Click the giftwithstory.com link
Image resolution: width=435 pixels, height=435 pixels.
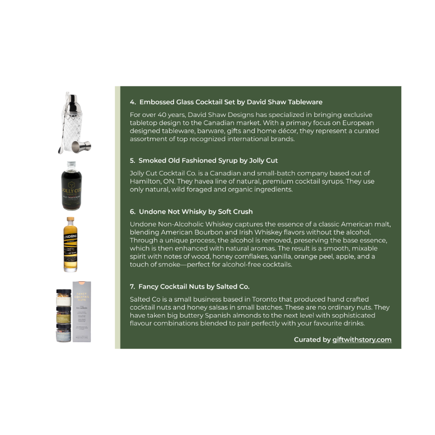coord(362,340)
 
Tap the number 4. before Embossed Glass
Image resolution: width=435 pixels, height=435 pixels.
coord(133,102)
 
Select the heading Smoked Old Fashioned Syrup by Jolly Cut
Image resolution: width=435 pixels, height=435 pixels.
coord(203,160)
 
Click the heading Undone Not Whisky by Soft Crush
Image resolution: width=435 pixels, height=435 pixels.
coord(191,211)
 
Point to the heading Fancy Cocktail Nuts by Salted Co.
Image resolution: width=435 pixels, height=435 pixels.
coord(189,287)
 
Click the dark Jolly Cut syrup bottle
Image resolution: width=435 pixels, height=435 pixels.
coord(72,186)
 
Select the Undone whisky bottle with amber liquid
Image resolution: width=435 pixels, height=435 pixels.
coord(71,245)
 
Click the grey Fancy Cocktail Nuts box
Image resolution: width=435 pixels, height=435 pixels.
coord(82,312)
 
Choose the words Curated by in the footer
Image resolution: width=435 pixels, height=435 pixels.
coord(312,340)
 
